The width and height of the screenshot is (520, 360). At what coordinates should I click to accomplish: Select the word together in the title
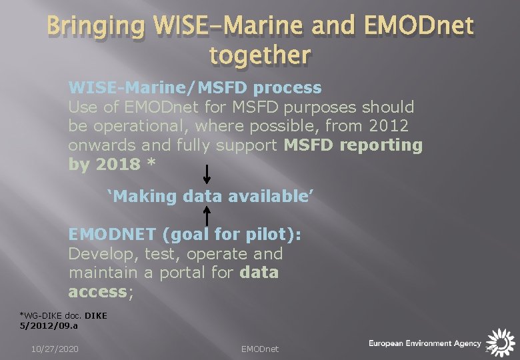point(260,55)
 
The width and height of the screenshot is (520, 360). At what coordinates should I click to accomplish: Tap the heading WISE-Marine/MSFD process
point(195,88)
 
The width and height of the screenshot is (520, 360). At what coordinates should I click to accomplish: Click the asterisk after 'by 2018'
point(151,162)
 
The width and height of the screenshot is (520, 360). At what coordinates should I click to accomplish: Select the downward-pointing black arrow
point(207,174)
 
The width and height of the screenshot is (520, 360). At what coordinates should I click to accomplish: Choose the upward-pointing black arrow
point(207,216)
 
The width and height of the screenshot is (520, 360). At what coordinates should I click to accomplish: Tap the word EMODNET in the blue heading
point(112,234)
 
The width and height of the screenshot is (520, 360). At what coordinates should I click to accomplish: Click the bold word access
point(98,292)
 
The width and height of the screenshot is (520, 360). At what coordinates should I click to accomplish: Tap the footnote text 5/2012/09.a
point(49,325)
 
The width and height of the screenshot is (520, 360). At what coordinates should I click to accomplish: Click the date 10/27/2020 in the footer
point(55,349)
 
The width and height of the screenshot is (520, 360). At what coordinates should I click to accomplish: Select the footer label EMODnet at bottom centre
point(260,349)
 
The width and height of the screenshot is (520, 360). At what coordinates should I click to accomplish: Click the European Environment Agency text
point(425,343)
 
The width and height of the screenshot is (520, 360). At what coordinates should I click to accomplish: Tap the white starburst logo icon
point(501,343)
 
